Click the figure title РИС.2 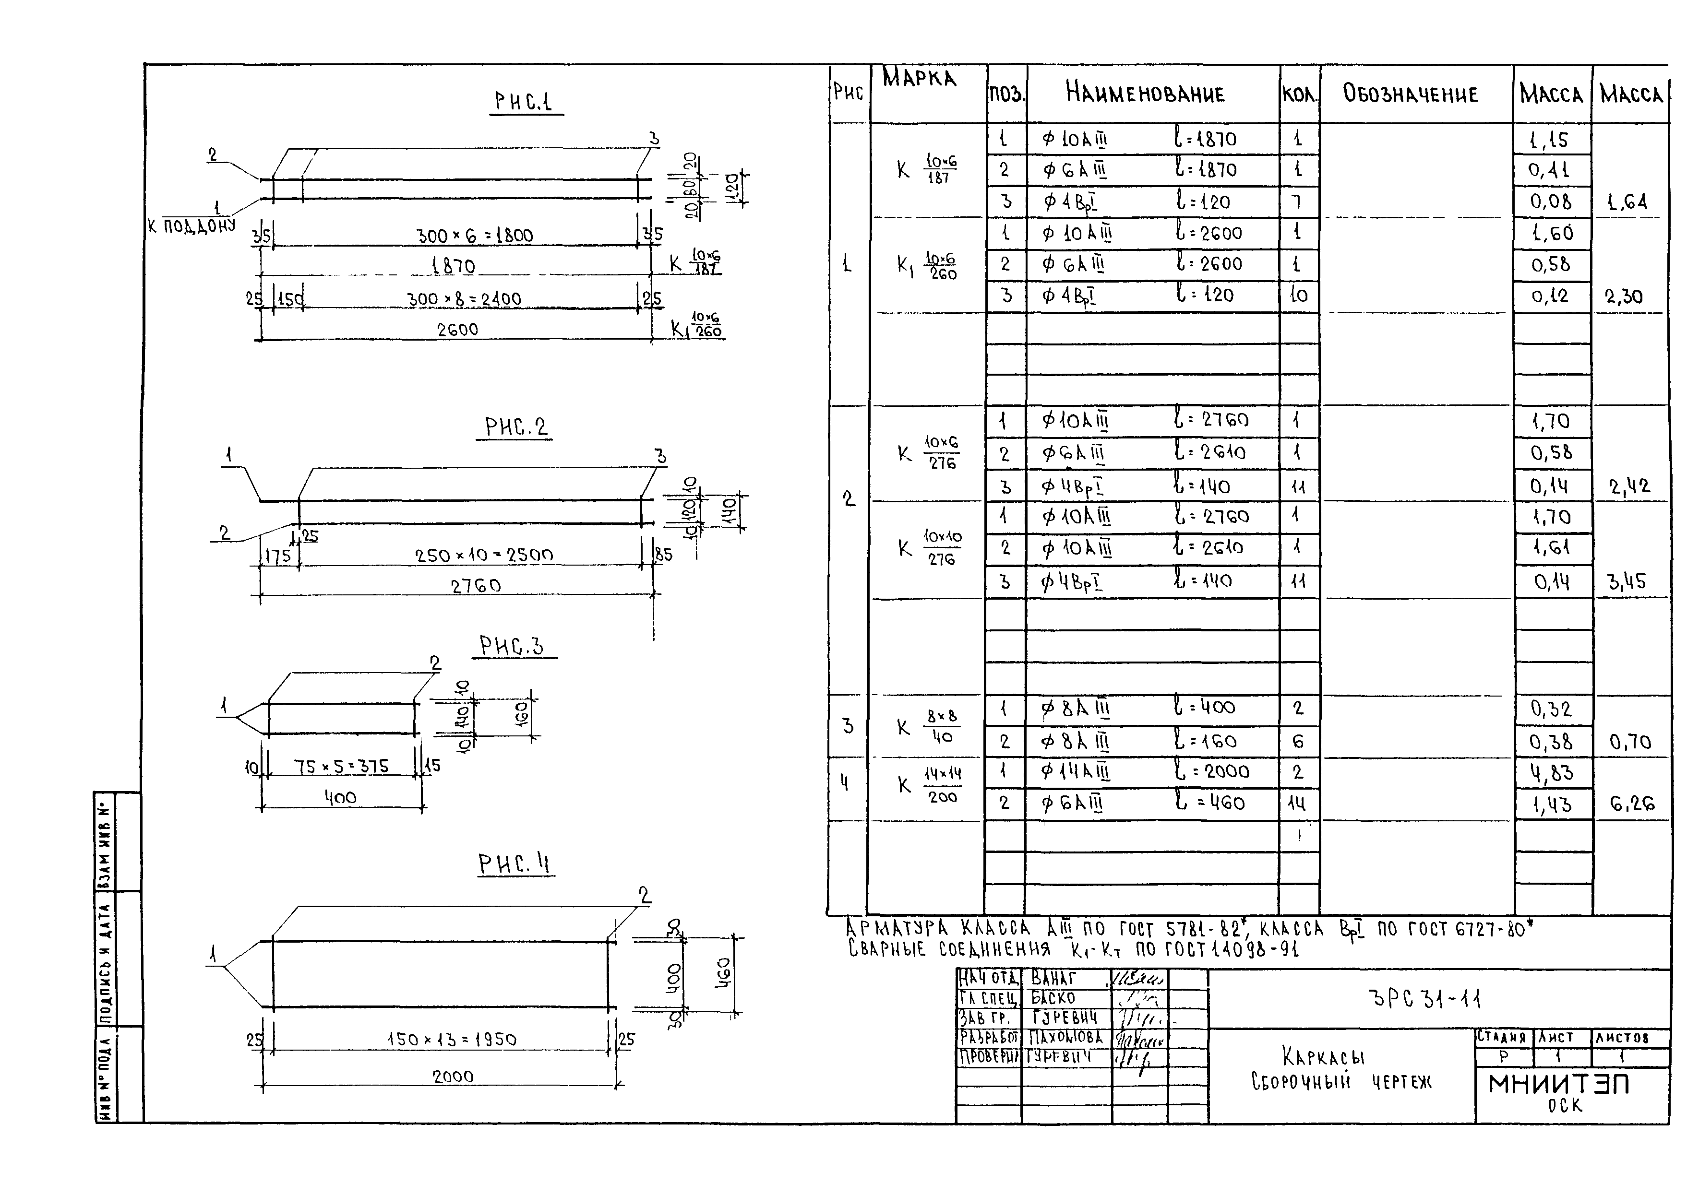pyautogui.click(x=516, y=427)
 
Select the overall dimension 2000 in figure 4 pyautogui.click(x=453, y=1077)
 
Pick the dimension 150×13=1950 pyautogui.click(x=452, y=1040)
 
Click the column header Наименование pyautogui.click(x=1145, y=94)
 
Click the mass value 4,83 pyautogui.click(x=1552, y=773)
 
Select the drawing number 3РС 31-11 pyautogui.click(x=1424, y=998)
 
